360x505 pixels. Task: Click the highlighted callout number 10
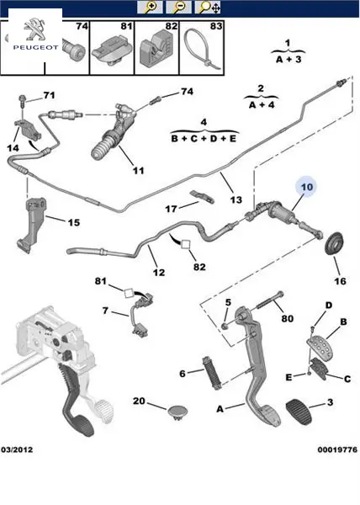pyautogui.click(x=307, y=187)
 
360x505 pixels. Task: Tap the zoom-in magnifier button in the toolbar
pyautogui.click(x=150, y=7)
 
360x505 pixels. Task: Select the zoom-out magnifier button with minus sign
pyautogui.click(x=178, y=7)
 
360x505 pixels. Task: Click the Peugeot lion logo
pyautogui.click(x=35, y=29)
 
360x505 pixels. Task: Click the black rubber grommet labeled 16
pyautogui.click(x=334, y=243)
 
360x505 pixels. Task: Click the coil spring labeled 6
pyautogui.click(x=211, y=373)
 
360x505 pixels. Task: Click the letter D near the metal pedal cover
pyautogui.click(x=329, y=306)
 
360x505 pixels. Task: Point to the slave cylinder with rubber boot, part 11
pyautogui.click(x=112, y=131)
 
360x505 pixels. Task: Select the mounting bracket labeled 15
pyautogui.click(x=31, y=226)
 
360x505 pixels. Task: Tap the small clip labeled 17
pyautogui.click(x=202, y=196)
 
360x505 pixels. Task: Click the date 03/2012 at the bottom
pyautogui.click(x=17, y=449)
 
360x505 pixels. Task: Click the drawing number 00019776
pyautogui.click(x=337, y=449)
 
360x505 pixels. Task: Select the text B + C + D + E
pyautogui.click(x=204, y=139)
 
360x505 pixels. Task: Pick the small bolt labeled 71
pyautogui.click(x=23, y=100)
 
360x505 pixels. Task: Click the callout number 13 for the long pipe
pyautogui.click(x=236, y=200)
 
